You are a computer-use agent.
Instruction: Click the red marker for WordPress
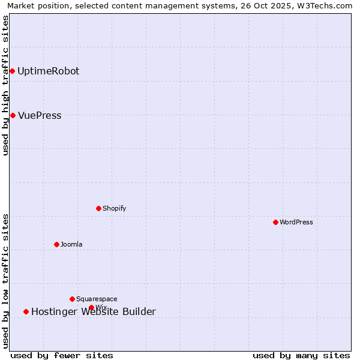click(275, 222)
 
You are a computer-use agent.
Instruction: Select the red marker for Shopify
click(98, 208)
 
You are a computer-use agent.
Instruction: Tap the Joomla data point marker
click(56, 244)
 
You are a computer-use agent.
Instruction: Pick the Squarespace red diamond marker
click(72, 299)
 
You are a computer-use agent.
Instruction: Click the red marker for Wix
click(91, 307)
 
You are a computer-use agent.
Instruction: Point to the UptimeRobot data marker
click(12, 71)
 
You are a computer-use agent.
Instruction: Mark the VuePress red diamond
click(13, 115)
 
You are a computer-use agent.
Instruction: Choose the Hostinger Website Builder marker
click(26, 311)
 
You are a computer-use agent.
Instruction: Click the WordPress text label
click(296, 222)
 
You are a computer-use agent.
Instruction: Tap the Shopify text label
click(114, 208)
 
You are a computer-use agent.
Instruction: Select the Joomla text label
click(71, 244)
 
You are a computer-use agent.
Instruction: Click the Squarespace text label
click(97, 299)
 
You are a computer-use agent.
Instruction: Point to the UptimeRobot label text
click(48, 71)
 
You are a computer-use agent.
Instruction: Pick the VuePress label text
click(40, 115)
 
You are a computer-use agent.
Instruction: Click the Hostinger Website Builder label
click(94, 311)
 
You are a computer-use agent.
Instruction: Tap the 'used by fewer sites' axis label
click(62, 355)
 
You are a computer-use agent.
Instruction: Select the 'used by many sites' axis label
click(301, 355)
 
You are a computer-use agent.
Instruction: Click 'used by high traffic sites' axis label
click(5, 85)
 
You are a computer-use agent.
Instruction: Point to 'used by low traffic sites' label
click(5, 281)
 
